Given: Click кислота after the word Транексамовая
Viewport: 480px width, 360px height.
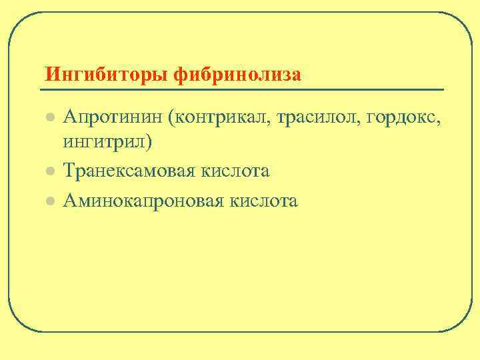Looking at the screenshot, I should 238,171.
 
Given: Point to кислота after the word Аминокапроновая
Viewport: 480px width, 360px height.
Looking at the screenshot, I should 265,200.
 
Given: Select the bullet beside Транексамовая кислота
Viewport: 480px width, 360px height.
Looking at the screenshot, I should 48,171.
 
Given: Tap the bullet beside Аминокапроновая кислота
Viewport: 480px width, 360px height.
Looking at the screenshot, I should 48,200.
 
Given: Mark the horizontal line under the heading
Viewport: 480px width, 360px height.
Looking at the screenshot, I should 241,89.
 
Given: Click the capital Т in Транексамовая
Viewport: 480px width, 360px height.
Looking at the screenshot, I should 69,171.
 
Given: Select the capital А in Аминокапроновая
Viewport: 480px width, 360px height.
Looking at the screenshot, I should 69,200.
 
